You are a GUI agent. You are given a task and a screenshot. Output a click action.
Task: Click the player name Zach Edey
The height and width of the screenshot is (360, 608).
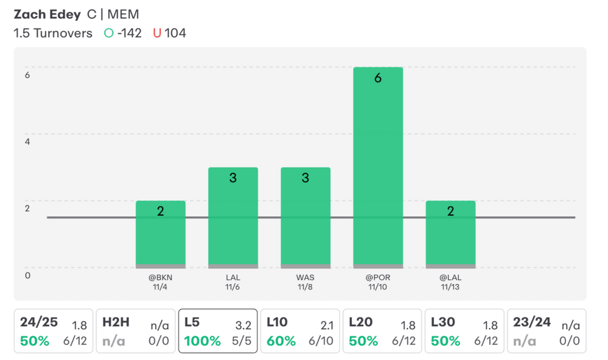[x=47, y=14]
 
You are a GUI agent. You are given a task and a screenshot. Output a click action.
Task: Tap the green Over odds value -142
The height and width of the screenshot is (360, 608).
[x=129, y=33]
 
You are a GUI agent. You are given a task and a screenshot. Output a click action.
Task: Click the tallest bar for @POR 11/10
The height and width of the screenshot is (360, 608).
[x=378, y=166]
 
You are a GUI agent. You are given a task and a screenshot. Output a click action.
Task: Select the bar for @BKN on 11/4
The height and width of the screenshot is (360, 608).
[x=160, y=234]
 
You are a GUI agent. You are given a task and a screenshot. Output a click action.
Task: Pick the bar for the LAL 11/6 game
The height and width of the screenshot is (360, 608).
[x=233, y=217]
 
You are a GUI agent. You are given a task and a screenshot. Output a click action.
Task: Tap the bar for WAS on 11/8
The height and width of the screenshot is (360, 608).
[x=305, y=217]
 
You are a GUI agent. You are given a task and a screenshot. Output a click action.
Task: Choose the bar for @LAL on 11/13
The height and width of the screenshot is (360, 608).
[x=450, y=234]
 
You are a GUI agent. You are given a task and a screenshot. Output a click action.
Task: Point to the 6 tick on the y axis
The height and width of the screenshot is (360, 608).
[x=27, y=75]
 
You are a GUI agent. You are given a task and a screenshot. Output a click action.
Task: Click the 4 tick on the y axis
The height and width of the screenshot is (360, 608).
[x=27, y=142]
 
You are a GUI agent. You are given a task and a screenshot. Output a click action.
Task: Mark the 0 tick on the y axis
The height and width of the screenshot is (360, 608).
[x=27, y=275]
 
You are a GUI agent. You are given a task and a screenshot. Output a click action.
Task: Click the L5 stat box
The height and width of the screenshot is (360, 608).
[x=217, y=331]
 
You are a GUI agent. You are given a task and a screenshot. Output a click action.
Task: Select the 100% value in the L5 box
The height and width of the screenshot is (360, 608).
[x=202, y=341]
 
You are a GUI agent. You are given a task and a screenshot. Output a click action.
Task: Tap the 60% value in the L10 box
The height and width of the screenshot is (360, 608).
[x=281, y=341]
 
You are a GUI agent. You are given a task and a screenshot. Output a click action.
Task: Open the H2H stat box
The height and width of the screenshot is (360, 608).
[x=135, y=331]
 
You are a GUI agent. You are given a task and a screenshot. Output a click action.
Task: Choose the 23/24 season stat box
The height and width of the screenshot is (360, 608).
[x=546, y=331]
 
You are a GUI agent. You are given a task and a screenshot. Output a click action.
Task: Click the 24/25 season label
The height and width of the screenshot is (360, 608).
[x=39, y=323]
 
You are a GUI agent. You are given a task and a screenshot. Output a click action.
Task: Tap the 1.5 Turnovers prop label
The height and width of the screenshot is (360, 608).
[x=53, y=33]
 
